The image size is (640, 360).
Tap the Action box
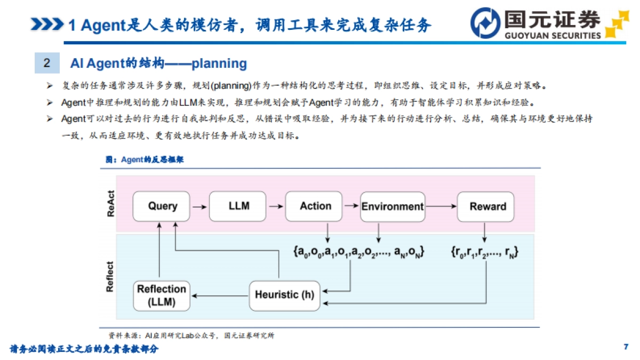[314, 206]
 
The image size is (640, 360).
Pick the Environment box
[392, 206]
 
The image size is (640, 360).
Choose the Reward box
[487, 206]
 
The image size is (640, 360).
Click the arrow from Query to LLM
[199, 206]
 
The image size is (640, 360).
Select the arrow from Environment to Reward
[441, 206]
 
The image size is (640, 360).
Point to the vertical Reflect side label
[110, 276]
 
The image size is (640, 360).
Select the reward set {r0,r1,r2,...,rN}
[484, 251]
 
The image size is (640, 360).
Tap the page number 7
[626, 347]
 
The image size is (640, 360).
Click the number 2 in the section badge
[47, 63]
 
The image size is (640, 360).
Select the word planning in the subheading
[219, 64]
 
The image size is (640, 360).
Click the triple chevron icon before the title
[47, 25]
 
